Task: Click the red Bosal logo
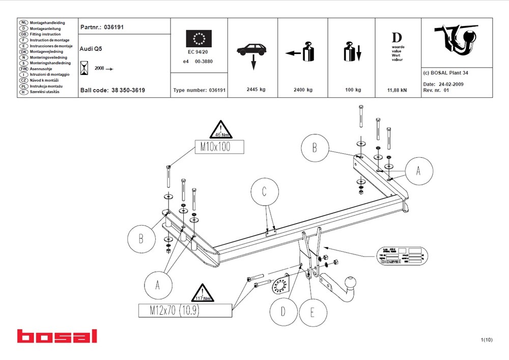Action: (x=57, y=336)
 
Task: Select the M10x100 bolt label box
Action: (x=220, y=147)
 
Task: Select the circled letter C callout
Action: (x=265, y=192)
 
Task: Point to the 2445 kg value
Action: (x=256, y=90)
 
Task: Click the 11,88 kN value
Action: (x=397, y=90)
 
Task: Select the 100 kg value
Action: (x=353, y=90)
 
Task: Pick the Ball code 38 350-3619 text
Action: (x=112, y=90)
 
